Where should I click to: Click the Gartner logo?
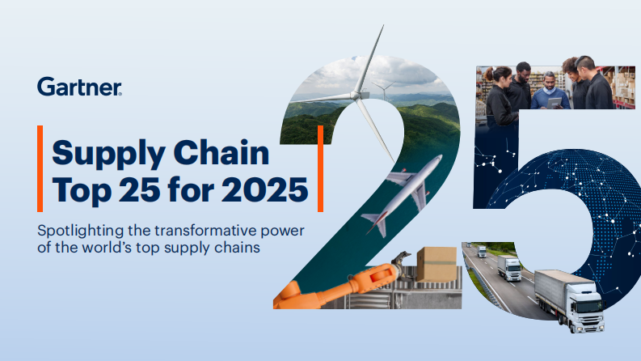click(79, 87)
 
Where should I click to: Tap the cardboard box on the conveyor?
click(436, 264)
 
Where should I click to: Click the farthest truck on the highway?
click(482, 252)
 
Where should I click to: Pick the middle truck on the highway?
click(509, 268)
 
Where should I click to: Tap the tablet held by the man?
click(551, 103)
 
